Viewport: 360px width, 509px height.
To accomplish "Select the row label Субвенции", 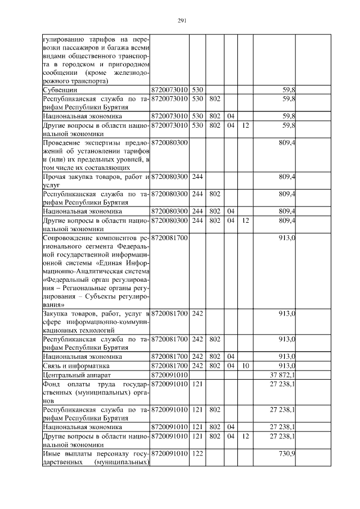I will (62, 89).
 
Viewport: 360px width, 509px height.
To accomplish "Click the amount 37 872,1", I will (285, 374).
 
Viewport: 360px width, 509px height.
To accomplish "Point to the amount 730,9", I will (287, 453).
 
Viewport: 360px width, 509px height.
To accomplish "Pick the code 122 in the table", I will (197, 453).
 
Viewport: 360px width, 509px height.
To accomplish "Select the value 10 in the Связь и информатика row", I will (245, 365).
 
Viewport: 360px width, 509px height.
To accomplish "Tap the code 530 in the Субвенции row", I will (197, 89).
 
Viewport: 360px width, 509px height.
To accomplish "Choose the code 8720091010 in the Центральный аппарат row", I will (170, 374).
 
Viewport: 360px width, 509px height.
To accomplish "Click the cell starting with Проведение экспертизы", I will (96, 155).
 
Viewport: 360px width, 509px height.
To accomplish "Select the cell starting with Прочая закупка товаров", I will (96, 181).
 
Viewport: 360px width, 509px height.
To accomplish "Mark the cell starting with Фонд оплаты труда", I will (96, 392).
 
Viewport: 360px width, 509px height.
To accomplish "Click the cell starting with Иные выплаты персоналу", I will (96, 458).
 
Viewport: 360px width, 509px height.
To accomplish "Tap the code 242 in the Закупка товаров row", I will (197, 313).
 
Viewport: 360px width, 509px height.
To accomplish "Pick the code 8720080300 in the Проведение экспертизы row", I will (170, 143).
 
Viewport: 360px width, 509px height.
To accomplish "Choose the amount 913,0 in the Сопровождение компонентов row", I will (287, 238).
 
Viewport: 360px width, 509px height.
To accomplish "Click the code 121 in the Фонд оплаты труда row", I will (197, 383).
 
